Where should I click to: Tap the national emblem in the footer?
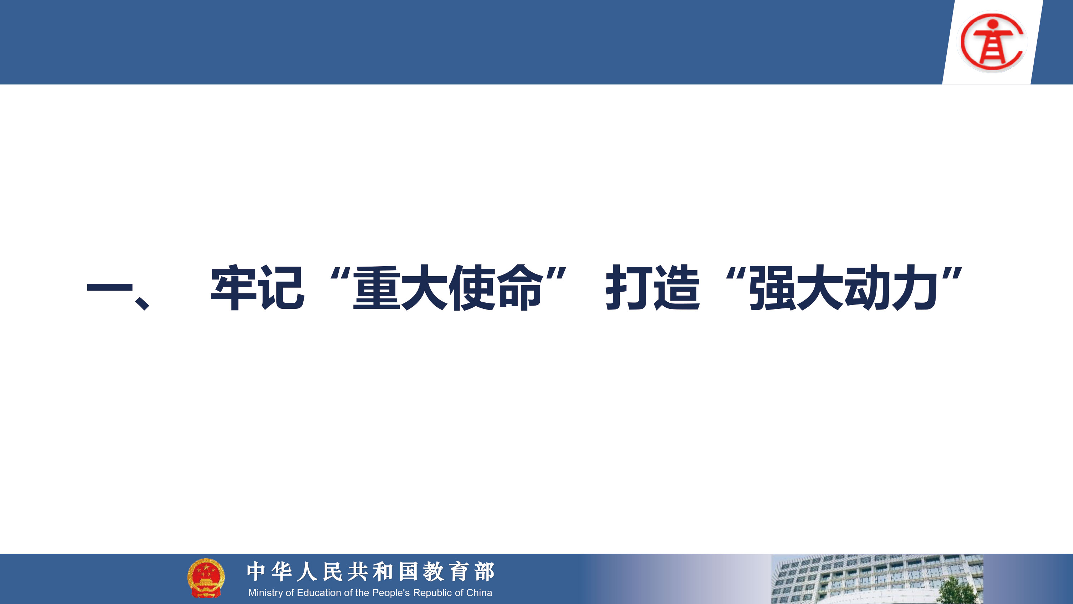pyautogui.click(x=206, y=578)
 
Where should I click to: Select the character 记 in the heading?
pyautogui.click(x=281, y=287)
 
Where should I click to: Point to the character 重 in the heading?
pyautogui.click(x=377, y=287)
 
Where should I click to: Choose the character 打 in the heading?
pyautogui.click(x=629, y=287)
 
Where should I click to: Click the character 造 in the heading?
pyautogui.click(x=676, y=287)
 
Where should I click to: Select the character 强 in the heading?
pyautogui.click(x=773, y=287)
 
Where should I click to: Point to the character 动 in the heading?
pyautogui.click(x=868, y=287)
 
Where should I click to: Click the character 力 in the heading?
pyautogui.click(x=915, y=287)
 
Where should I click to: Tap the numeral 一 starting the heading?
pyautogui.click(x=109, y=288)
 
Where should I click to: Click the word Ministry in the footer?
pyautogui.click(x=265, y=593)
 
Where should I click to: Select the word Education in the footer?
pyautogui.click(x=319, y=593)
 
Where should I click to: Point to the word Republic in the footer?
pyautogui.click(x=430, y=593)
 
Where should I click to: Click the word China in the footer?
pyautogui.click(x=479, y=593)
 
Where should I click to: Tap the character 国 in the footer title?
pyautogui.click(x=408, y=571)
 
